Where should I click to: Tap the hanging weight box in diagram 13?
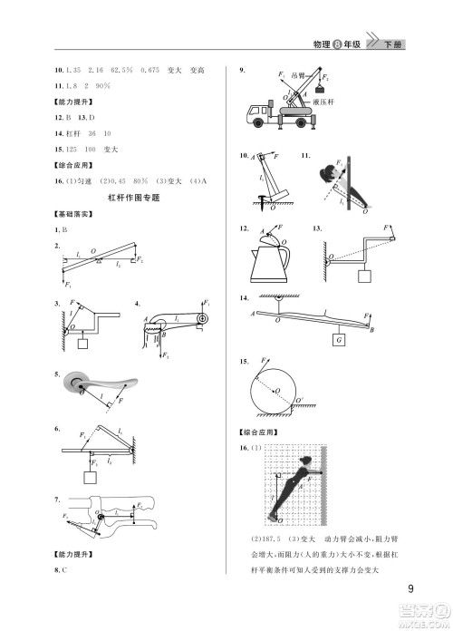pos(365,275)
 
